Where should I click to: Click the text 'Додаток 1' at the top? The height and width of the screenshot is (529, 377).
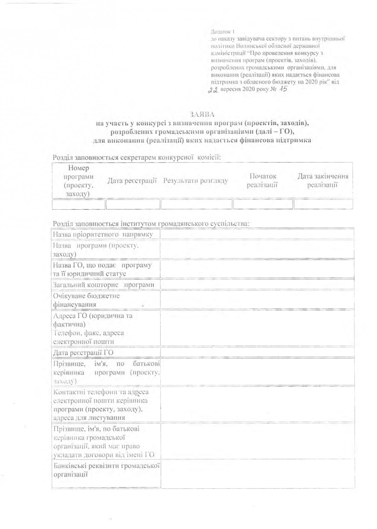tap(223, 32)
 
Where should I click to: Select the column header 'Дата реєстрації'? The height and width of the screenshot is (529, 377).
tap(132, 181)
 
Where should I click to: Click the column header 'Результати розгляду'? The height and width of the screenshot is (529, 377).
tap(195, 181)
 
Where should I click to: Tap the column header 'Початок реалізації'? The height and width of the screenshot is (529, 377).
tap(262, 180)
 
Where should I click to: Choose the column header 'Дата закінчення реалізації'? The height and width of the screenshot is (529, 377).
tap(323, 180)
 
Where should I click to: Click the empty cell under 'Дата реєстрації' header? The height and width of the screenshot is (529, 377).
tap(133, 204)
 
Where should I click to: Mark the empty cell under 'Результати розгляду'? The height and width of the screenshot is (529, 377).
tap(196, 204)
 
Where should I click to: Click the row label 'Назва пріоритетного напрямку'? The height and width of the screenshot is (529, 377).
tap(103, 234)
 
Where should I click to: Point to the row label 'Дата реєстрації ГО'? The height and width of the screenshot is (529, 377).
tap(84, 353)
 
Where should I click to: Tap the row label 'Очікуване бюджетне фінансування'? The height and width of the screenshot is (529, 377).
tap(86, 300)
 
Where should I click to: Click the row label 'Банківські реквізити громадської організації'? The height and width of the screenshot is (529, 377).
tap(106, 470)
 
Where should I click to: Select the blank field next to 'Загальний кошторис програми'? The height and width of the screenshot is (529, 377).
tap(257, 285)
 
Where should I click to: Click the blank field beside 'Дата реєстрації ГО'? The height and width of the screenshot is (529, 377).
tap(257, 352)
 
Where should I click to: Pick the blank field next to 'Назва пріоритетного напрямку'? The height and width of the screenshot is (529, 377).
tap(257, 234)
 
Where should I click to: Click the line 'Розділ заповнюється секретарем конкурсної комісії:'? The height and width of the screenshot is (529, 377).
tap(137, 157)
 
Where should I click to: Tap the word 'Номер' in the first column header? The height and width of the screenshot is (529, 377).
tap(79, 168)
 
